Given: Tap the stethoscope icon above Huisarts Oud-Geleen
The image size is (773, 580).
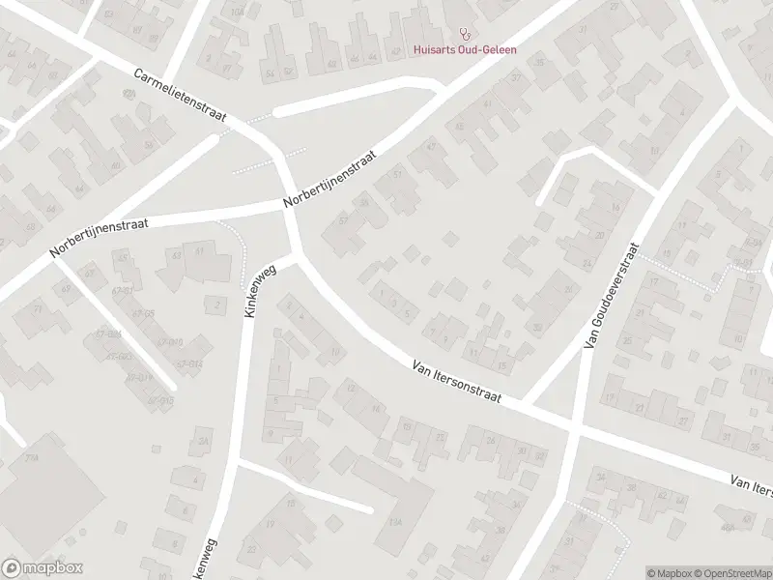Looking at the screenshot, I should click(466, 33).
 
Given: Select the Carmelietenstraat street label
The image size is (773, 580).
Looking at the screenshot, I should click(180, 95).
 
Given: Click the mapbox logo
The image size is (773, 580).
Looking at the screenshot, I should click(43, 568).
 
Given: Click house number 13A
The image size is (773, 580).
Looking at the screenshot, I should click(395, 522).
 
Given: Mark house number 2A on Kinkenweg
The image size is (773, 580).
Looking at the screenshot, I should click(204, 442).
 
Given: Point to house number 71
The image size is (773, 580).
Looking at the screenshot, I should click(38, 310).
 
